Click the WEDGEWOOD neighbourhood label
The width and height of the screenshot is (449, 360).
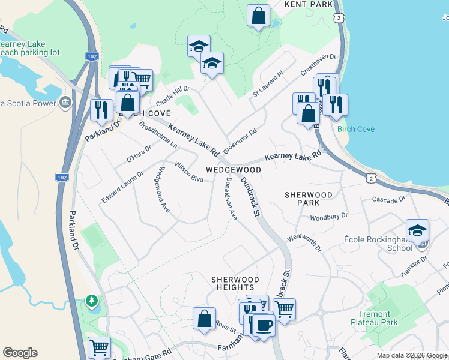(234, 170)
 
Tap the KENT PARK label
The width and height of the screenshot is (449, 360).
(309, 4)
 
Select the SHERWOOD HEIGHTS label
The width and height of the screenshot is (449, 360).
(235, 284)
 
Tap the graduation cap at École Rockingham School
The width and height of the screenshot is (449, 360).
(418, 230)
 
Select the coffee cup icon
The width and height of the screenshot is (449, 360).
(262, 325)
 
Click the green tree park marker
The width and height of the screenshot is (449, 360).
(91, 299)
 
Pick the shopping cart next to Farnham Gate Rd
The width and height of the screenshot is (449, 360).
(99, 347)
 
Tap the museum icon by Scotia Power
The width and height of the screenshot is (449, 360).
(66, 103)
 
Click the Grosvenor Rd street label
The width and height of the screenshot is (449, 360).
(240, 140)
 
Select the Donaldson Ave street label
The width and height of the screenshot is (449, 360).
(231, 199)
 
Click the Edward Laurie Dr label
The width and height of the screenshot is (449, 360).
(122, 187)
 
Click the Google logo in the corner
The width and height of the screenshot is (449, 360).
(20, 353)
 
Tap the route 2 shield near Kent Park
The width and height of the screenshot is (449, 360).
(340, 19)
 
